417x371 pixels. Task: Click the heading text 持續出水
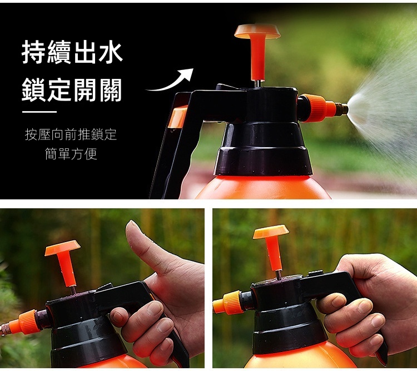tap(72, 52)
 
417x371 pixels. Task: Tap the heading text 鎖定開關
tap(72, 90)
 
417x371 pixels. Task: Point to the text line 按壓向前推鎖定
tap(71, 134)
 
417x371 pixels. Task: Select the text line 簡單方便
tap(71, 154)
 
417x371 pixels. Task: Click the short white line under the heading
tap(39, 112)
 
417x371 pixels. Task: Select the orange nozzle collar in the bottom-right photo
tap(228, 303)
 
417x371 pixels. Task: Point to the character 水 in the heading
tap(110, 52)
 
